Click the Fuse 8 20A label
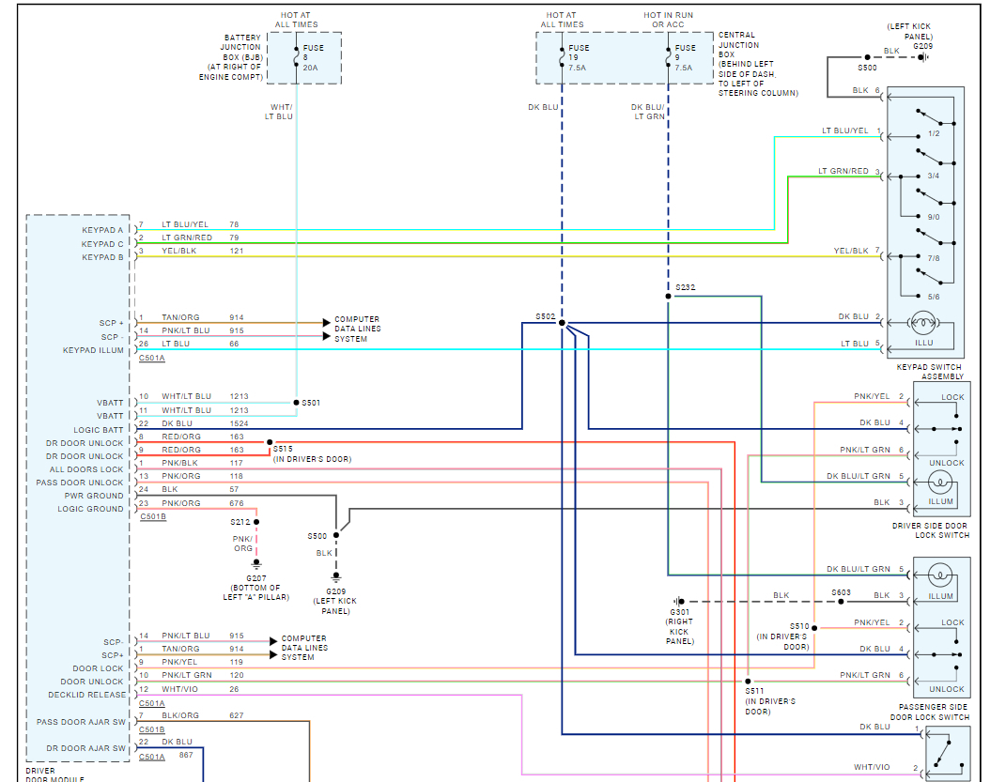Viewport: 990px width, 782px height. (313, 57)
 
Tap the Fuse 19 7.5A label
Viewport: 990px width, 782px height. (579, 57)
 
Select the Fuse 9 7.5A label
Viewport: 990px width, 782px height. (685, 57)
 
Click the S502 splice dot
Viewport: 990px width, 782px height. (562, 323)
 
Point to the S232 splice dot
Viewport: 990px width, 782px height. (668, 296)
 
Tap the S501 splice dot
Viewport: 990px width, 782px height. (296, 402)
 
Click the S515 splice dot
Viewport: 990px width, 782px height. (270, 442)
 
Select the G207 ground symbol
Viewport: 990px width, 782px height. (256, 563)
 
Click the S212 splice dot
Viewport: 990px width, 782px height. (256, 522)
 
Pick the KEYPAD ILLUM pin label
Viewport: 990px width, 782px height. (93, 350)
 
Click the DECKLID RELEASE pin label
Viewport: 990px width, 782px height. (87, 695)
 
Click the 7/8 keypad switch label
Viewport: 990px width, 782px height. (934, 258)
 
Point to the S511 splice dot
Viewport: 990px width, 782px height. (749, 682)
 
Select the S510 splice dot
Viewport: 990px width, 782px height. (814, 628)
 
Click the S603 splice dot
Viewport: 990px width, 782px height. (841, 602)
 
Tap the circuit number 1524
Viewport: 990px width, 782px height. (239, 423)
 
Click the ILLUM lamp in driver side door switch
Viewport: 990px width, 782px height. (939, 483)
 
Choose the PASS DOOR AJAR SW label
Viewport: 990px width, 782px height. (81, 722)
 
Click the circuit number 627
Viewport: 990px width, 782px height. (236, 715)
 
